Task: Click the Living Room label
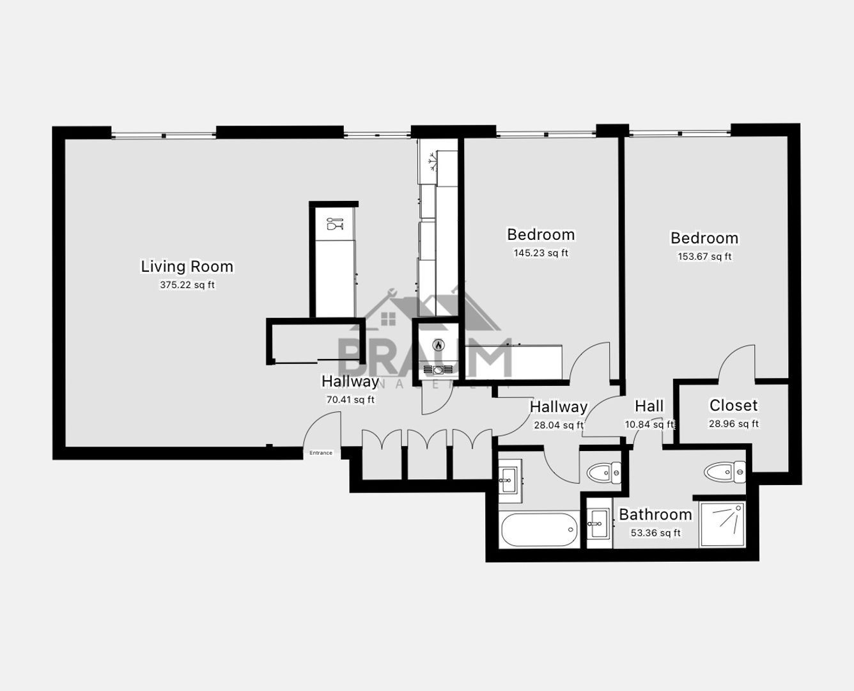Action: [187, 266]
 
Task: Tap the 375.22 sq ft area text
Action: [187, 285]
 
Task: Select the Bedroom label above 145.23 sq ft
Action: [540, 235]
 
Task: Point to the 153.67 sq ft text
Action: [704, 257]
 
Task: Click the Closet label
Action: [733, 406]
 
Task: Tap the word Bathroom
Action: [655, 514]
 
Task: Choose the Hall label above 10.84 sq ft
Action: [649, 406]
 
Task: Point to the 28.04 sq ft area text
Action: [558, 424]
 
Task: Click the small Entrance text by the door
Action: [321, 453]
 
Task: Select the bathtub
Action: [540, 530]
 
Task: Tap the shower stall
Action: [722, 525]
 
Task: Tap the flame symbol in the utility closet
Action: [438, 344]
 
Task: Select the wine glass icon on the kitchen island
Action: [334, 224]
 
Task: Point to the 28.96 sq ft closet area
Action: [733, 424]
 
